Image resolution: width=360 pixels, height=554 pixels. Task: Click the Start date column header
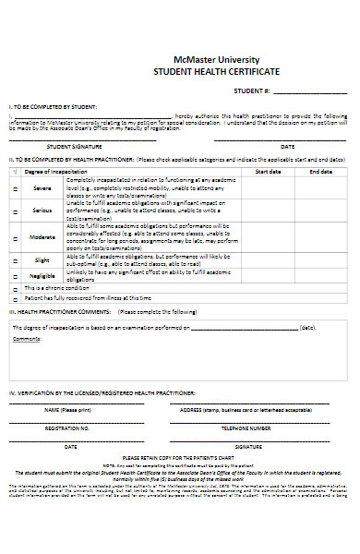point(268,171)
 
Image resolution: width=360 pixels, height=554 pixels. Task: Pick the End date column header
point(320,171)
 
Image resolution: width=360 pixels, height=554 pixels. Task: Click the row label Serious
point(42,211)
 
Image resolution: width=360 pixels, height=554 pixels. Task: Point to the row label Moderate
point(42,237)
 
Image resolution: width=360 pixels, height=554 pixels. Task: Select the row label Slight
point(42,260)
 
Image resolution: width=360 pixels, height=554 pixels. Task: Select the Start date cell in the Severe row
point(268,188)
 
